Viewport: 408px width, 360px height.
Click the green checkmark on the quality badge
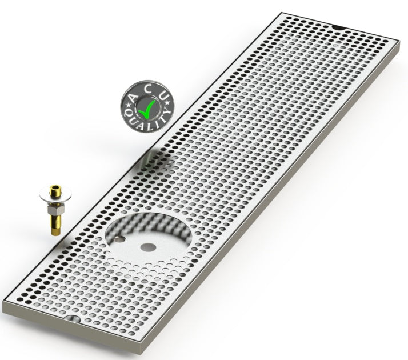coord(147,109)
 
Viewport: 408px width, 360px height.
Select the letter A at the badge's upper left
coord(133,98)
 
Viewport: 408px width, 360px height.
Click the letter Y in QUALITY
coord(167,113)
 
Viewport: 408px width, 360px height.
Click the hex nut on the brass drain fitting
coord(55,210)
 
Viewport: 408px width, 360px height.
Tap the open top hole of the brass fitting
coord(55,187)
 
